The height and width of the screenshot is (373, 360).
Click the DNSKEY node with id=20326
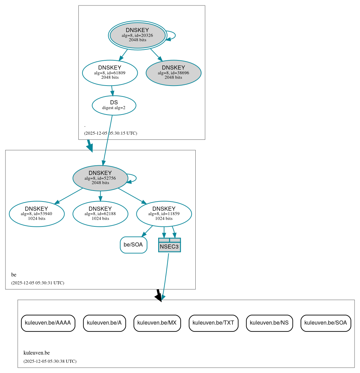(x=137, y=35)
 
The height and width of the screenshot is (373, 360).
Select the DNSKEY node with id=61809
(x=110, y=73)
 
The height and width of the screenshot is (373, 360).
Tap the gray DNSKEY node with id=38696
(x=173, y=73)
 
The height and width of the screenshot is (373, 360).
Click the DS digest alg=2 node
(x=114, y=105)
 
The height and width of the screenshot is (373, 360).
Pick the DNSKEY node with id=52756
(x=100, y=178)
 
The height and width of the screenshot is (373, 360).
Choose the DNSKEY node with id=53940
(x=36, y=213)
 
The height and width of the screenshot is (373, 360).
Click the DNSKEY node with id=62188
(x=100, y=213)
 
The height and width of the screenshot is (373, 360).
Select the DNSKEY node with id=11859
(x=164, y=213)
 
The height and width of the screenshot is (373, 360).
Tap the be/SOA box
(x=133, y=245)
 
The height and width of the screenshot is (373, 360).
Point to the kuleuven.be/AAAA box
(x=48, y=323)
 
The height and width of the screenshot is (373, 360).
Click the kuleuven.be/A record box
(x=104, y=323)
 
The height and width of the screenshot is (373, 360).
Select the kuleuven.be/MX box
(x=157, y=323)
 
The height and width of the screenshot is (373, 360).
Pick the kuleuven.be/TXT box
(x=213, y=323)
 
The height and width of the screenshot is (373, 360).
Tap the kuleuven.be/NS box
(x=269, y=323)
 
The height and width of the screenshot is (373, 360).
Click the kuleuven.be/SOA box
(x=326, y=323)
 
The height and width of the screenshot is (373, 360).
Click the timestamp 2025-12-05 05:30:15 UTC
(x=110, y=133)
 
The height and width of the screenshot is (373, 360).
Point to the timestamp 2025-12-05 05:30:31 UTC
(x=37, y=283)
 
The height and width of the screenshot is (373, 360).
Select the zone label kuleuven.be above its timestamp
(x=36, y=353)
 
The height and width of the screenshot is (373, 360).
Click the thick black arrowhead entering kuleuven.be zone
(x=159, y=297)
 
